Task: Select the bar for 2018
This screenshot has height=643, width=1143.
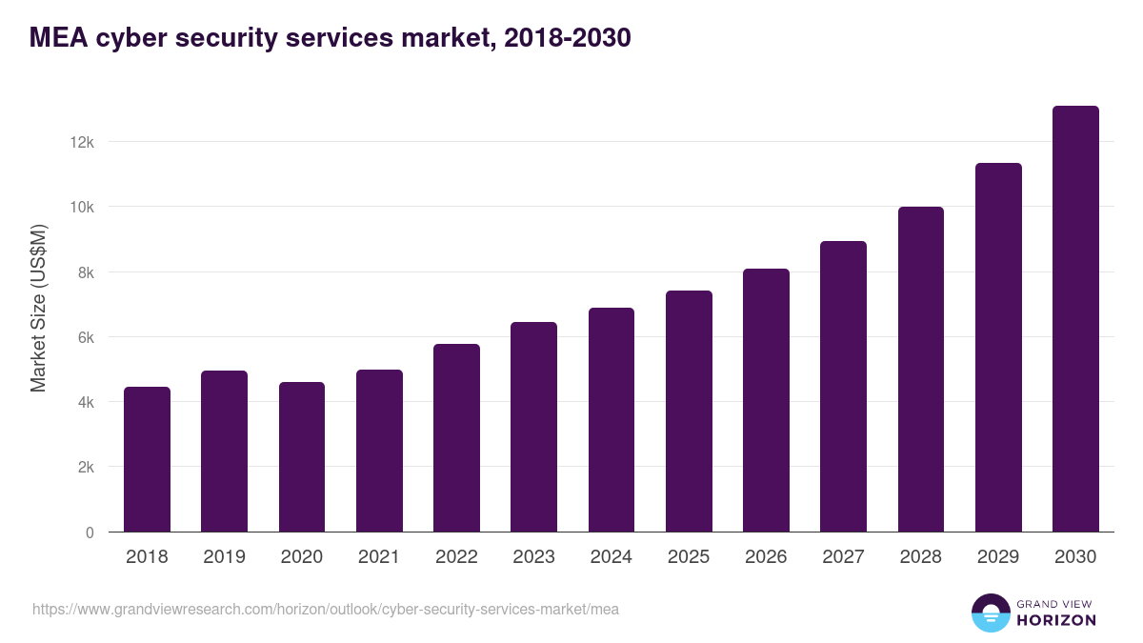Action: (147, 459)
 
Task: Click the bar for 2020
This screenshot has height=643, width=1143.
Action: (302, 457)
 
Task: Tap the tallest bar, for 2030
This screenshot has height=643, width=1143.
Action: (1075, 319)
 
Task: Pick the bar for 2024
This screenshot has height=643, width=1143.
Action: (612, 420)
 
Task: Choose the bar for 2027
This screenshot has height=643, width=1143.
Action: (843, 387)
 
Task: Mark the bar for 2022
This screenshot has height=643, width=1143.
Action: (456, 438)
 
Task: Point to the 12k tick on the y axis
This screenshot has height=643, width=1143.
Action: (82, 142)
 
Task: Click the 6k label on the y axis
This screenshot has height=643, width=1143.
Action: (86, 337)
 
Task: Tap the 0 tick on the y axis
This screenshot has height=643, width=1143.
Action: (90, 532)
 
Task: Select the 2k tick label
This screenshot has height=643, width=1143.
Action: (86, 468)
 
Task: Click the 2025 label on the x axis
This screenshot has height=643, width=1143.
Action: (689, 557)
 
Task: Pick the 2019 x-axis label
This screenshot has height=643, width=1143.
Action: (224, 557)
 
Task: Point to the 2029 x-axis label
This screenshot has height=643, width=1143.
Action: (998, 557)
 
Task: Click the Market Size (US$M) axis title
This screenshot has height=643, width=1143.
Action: (39, 308)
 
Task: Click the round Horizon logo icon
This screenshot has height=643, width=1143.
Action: (990, 613)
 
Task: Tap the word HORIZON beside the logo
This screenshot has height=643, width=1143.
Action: (1056, 620)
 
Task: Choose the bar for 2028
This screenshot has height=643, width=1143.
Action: (921, 370)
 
